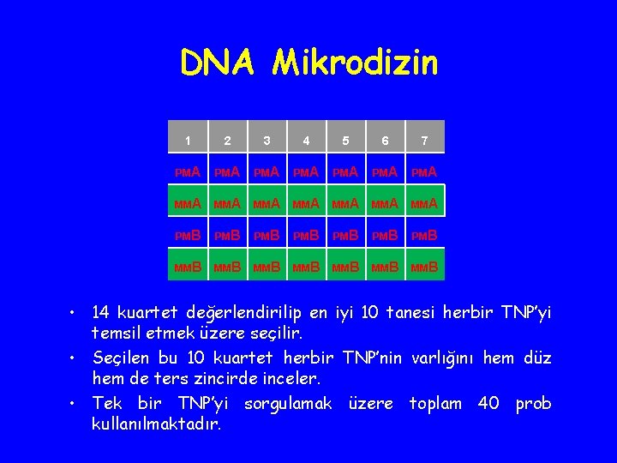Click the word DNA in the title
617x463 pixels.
[x=218, y=63]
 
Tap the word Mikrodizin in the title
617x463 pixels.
[x=355, y=63]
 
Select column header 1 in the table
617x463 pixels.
[x=188, y=141]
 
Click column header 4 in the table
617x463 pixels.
[x=306, y=141]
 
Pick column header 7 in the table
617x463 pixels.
[x=424, y=141]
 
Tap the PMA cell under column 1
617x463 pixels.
[x=188, y=172]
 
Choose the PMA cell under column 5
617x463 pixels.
[x=345, y=172]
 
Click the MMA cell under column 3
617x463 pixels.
[x=267, y=204]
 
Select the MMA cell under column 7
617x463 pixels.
[x=424, y=204]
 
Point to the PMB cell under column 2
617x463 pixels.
[x=227, y=236]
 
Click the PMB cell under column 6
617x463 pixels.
[x=385, y=236]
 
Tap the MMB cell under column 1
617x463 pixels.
[x=188, y=268]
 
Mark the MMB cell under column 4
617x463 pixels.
[x=306, y=268]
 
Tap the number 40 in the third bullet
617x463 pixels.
[x=488, y=403]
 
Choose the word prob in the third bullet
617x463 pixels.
[x=533, y=403]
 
